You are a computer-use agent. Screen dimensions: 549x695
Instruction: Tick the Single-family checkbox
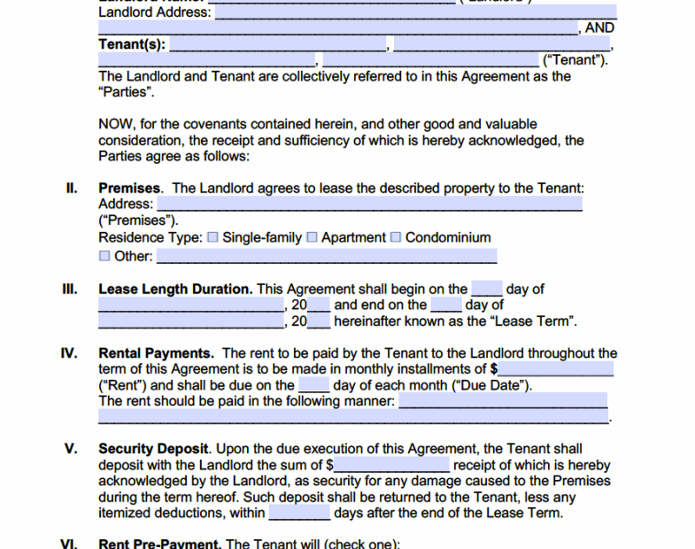(x=212, y=237)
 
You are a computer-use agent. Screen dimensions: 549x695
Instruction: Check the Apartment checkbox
(x=312, y=237)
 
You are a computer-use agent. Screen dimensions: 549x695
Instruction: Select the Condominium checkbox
(x=396, y=237)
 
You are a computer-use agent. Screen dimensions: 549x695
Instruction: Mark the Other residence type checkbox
(x=104, y=257)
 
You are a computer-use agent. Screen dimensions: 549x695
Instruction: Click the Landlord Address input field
(x=416, y=12)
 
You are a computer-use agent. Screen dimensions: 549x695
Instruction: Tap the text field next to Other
(x=327, y=257)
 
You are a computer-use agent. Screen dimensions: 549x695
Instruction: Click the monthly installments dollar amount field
(x=556, y=368)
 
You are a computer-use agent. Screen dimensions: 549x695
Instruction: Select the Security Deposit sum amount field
(x=392, y=465)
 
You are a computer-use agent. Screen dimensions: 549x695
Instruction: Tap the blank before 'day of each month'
(x=313, y=385)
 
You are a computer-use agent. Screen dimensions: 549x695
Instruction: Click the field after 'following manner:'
(x=503, y=401)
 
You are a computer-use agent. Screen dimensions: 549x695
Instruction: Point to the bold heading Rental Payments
(x=155, y=353)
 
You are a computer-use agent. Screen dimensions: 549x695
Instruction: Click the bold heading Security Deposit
(x=154, y=449)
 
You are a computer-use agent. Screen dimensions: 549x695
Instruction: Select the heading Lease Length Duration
(x=175, y=289)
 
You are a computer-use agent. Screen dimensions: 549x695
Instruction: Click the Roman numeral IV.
(x=70, y=353)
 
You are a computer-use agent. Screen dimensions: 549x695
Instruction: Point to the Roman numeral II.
(x=73, y=189)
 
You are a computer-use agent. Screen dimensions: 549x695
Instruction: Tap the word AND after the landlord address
(x=599, y=28)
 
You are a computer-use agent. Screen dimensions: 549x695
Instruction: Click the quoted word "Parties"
(x=127, y=92)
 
